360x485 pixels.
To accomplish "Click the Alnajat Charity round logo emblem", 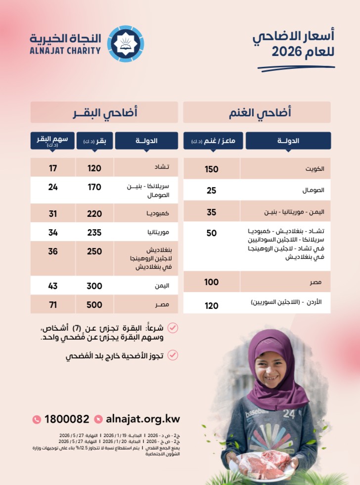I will pos(126,44).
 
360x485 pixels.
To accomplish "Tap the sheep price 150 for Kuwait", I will pos(212,169).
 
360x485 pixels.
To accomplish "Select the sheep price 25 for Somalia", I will pos(212,191).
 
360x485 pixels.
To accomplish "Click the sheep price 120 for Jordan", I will pos(212,306).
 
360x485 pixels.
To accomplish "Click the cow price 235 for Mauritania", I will pos(94,232).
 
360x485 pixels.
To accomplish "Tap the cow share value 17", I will pos(53,168).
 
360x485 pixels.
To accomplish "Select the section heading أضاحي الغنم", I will pos(257,112).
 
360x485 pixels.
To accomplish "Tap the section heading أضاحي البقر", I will pos(104,112).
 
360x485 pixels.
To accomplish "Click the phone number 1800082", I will pos(67,419).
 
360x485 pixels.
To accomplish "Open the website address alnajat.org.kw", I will pos(143,419).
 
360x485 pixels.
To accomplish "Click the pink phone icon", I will pos(37,419).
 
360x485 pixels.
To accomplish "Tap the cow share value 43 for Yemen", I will pos(53,286).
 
